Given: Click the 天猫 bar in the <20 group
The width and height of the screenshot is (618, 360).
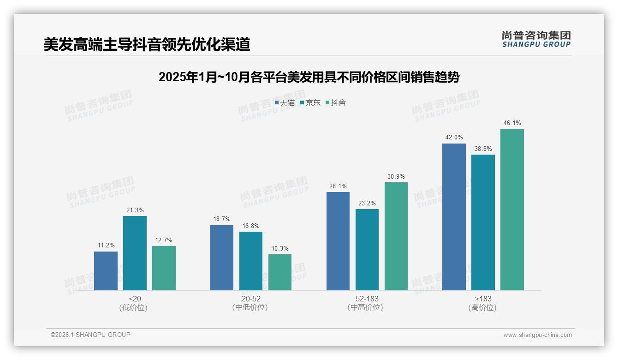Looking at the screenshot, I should [106, 271].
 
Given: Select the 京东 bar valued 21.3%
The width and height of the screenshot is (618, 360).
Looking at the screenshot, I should [135, 253].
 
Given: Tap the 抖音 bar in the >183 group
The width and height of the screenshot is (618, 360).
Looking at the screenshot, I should [512, 210].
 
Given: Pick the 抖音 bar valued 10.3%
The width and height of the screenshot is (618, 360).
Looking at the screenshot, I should [280, 272].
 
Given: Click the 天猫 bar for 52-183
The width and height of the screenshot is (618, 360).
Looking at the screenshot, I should [338, 241].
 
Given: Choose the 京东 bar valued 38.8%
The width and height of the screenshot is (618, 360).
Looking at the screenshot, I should [483, 222].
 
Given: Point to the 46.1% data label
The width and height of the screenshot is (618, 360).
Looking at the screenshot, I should [512, 123].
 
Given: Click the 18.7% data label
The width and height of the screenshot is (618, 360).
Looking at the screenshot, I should [222, 219].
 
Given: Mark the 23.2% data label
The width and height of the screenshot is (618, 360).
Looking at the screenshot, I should [367, 203].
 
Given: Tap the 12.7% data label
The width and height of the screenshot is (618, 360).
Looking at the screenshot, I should [164, 240].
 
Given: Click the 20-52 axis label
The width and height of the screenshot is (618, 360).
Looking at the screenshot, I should [251, 299].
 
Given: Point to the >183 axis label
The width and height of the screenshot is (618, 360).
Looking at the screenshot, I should [483, 299].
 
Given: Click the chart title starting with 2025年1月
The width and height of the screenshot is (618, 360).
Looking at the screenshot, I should [309, 77].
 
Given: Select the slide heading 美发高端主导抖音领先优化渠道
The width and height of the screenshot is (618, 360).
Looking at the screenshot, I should [147, 45].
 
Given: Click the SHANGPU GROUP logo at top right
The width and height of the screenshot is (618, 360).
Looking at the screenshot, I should [536, 39].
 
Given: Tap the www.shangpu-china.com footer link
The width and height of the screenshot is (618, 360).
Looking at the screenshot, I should [537, 335].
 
